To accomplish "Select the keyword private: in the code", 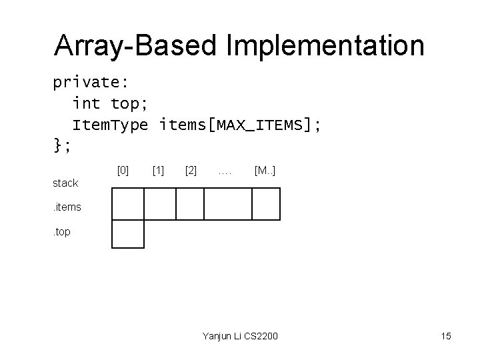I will [x=91, y=83].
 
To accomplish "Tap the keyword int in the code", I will [x=86, y=103].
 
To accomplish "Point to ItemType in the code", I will [x=110, y=125].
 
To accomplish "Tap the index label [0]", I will [x=123, y=171].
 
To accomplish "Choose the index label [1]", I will [x=159, y=171].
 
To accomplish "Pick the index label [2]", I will [x=191, y=171].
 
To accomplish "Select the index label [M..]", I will [x=265, y=171].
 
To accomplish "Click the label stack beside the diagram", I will [x=65, y=183].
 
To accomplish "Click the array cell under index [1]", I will [x=160, y=204].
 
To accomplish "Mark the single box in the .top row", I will [x=128, y=234].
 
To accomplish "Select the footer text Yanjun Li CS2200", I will [x=240, y=336].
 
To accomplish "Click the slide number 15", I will [x=445, y=336].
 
